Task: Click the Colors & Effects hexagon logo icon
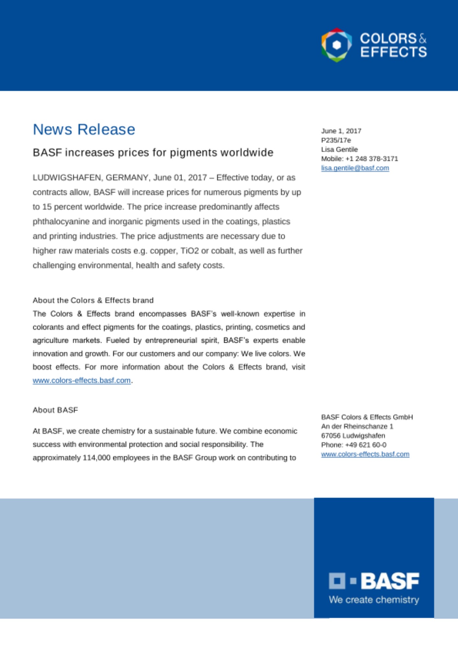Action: (x=337, y=45)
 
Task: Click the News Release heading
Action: (x=84, y=129)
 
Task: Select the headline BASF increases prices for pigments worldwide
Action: (x=153, y=152)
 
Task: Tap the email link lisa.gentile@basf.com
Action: (x=355, y=168)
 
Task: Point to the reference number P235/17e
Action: (x=336, y=140)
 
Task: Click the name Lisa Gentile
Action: (x=339, y=149)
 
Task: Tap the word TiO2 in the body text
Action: (x=189, y=251)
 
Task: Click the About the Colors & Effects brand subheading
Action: (x=93, y=300)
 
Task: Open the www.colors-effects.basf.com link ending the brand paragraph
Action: (x=82, y=380)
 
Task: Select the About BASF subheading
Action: (x=55, y=410)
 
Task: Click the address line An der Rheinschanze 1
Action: (x=357, y=426)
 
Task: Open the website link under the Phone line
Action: (x=365, y=454)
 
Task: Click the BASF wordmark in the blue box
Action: (x=390, y=581)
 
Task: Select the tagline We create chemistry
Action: (x=374, y=600)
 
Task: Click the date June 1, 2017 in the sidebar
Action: (x=341, y=131)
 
